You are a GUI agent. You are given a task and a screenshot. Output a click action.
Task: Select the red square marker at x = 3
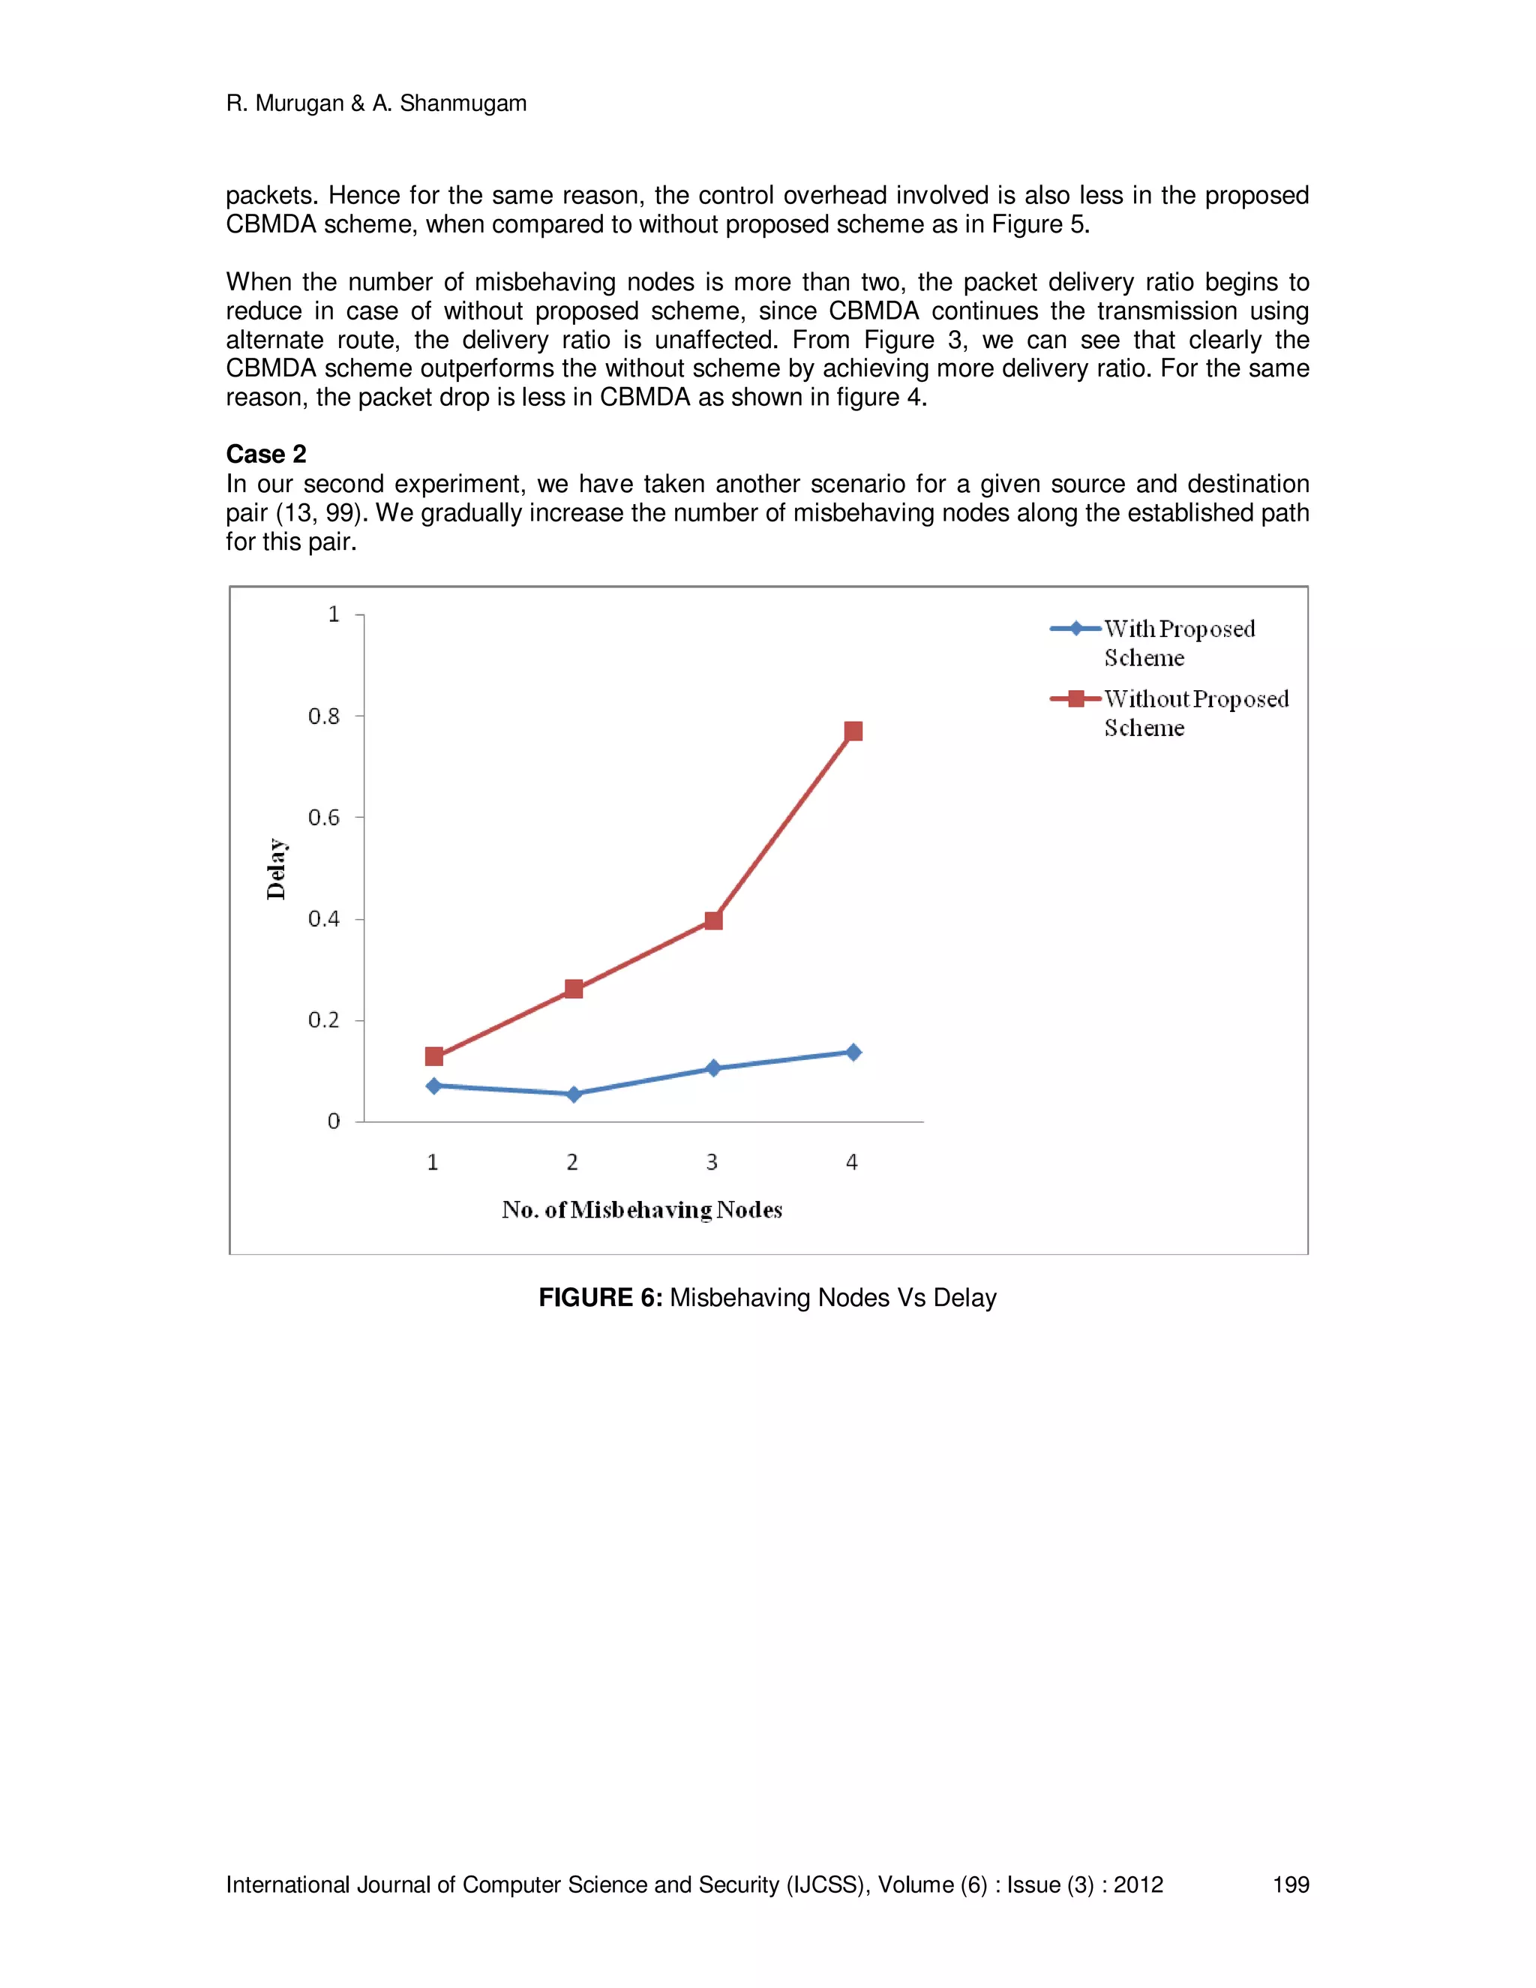click(x=713, y=920)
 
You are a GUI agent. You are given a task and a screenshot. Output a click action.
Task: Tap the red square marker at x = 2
click(x=573, y=989)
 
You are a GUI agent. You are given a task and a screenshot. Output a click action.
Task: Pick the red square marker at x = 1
click(x=434, y=1056)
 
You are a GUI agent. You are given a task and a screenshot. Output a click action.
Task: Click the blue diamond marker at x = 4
click(x=853, y=1053)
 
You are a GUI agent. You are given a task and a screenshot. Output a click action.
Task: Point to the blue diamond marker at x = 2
click(x=573, y=1094)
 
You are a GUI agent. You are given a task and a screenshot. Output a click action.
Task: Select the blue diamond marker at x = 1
click(x=434, y=1086)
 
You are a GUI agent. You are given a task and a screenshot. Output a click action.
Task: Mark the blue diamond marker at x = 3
click(x=713, y=1068)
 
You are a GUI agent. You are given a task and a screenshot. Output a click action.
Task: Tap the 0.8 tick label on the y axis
click(x=323, y=716)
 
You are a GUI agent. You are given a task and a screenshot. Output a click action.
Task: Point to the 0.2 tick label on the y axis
click(x=323, y=1020)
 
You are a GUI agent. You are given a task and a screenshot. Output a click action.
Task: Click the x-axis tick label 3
click(x=712, y=1162)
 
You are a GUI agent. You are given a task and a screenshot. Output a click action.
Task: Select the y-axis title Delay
click(x=276, y=869)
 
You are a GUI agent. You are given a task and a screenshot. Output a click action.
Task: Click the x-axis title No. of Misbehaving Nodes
click(x=641, y=1210)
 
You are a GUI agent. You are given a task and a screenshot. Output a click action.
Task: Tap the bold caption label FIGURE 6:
click(x=600, y=1297)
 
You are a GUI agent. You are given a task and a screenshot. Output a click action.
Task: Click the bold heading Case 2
click(x=265, y=454)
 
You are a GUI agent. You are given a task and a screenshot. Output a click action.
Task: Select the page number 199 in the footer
click(x=1289, y=1884)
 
